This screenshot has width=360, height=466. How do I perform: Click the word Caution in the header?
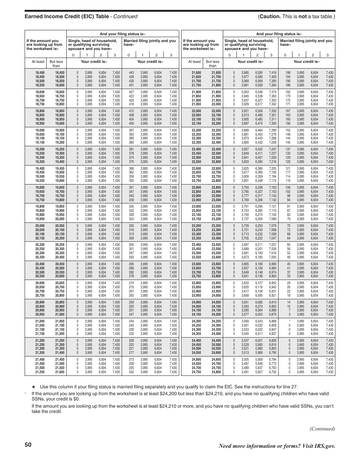(270, 16)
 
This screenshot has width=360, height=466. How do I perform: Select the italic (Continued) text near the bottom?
(322, 428)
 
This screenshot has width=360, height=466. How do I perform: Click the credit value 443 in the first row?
(131, 72)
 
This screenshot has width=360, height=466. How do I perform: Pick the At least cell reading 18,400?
(40, 72)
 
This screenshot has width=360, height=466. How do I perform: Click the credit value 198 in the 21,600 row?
(288, 72)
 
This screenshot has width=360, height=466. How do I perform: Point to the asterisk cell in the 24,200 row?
(290, 321)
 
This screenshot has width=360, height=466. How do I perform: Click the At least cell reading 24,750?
(196, 372)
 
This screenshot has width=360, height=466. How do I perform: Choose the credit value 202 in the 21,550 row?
(131, 372)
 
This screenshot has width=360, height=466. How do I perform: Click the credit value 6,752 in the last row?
(272, 372)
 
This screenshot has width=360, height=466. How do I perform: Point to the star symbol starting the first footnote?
(33, 387)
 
